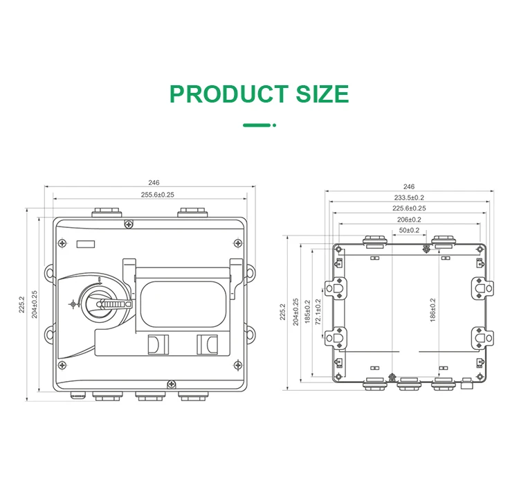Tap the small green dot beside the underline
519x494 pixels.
point(275,125)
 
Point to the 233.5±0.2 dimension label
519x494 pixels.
point(409,197)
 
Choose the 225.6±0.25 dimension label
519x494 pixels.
point(409,209)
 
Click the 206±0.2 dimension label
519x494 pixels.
point(409,220)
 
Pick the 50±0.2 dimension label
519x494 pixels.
point(409,230)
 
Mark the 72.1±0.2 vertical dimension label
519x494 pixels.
point(318,312)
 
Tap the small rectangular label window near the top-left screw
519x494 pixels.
point(85,243)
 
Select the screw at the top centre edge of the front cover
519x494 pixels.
point(129,223)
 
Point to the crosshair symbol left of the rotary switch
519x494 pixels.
point(73,303)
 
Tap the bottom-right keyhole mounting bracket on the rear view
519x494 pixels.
point(482,337)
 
